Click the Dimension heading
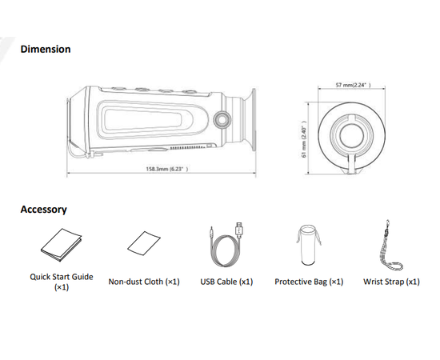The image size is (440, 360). [45, 49]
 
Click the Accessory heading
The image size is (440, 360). [43, 210]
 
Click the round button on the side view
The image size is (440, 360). [222, 118]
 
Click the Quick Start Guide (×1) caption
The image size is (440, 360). [62, 282]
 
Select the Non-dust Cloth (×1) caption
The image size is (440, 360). [144, 282]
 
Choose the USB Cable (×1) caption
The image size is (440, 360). [226, 282]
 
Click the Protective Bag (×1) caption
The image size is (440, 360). [308, 282]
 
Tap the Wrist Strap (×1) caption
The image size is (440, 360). [391, 282]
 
